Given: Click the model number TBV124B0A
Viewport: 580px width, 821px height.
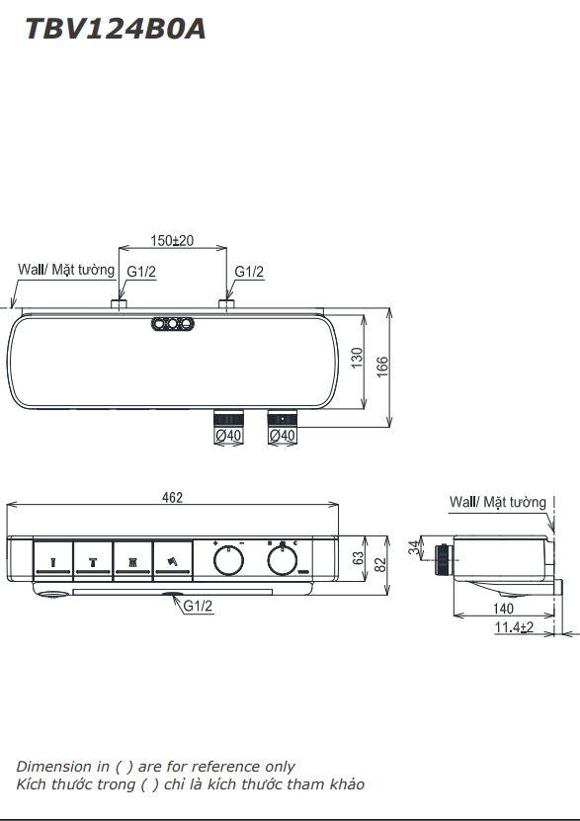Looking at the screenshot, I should [x=115, y=29].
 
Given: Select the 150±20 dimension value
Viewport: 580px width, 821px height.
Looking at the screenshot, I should [x=172, y=240].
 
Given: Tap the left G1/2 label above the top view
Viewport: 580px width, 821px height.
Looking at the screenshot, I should [x=140, y=272].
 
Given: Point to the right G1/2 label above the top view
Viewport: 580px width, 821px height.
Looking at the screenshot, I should [x=249, y=272].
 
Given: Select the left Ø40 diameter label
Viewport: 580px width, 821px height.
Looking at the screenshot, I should [x=228, y=435].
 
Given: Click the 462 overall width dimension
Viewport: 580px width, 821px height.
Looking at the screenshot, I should [x=172, y=498].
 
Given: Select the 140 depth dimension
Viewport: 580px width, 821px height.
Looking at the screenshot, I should [x=504, y=609].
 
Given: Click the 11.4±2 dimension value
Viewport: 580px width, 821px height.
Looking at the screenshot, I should [x=514, y=627].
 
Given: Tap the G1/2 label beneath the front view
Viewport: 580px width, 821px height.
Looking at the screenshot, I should [x=198, y=607].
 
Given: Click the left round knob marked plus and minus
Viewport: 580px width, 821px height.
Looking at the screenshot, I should [x=229, y=562].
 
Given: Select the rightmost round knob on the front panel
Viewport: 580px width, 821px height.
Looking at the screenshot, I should [x=283, y=562].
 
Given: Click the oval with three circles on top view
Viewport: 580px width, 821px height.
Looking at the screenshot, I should [x=171, y=323].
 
